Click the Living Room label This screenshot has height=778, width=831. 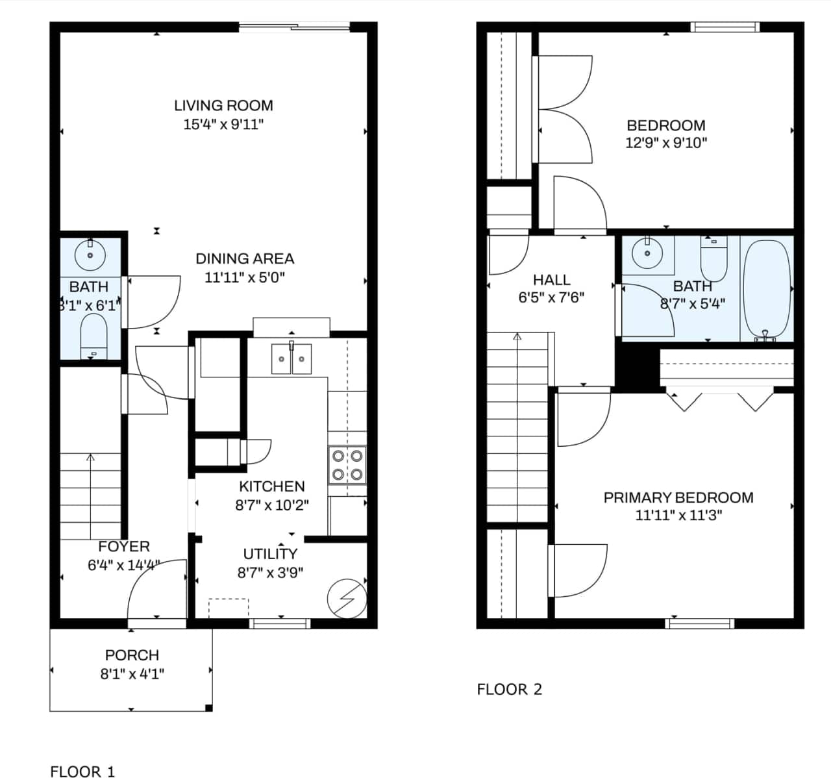tap(223, 105)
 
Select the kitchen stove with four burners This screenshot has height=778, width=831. tap(347, 465)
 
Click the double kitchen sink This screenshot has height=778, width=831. tap(291, 359)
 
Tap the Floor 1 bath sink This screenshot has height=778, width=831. tap(90, 255)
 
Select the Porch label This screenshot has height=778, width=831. tap(132, 655)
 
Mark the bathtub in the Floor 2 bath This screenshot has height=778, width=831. tap(767, 289)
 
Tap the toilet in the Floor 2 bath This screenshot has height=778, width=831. tap(713, 259)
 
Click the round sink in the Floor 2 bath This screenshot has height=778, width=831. tap(647, 254)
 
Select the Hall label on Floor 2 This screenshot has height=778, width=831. tap(551, 280)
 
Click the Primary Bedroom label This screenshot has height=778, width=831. tap(678, 497)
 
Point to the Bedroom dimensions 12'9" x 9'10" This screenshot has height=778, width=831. tap(666, 143)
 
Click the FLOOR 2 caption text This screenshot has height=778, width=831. tap(509, 689)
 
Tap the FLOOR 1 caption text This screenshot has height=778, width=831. tap(82, 771)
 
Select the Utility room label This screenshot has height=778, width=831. tap(270, 554)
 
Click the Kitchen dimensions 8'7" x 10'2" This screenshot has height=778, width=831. tap(271, 505)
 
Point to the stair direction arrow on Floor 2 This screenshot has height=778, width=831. tap(517, 338)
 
